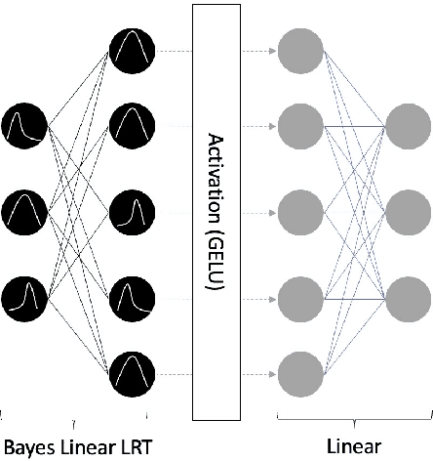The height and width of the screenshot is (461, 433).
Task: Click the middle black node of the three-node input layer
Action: tap(23, 209)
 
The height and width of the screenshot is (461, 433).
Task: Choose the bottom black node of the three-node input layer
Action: tap(23, 292)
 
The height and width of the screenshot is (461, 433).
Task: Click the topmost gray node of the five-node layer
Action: tap(296, 48)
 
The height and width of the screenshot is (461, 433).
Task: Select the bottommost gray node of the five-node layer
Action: tap(296, 370)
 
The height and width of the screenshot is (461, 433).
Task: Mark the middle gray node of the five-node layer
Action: tap(296, 209)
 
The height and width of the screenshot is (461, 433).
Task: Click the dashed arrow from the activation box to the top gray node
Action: tap(257, 48)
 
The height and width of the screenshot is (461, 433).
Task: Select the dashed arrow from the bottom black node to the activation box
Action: tap(173, 370)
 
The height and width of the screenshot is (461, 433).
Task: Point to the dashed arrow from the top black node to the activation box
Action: tap(173, 48)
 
